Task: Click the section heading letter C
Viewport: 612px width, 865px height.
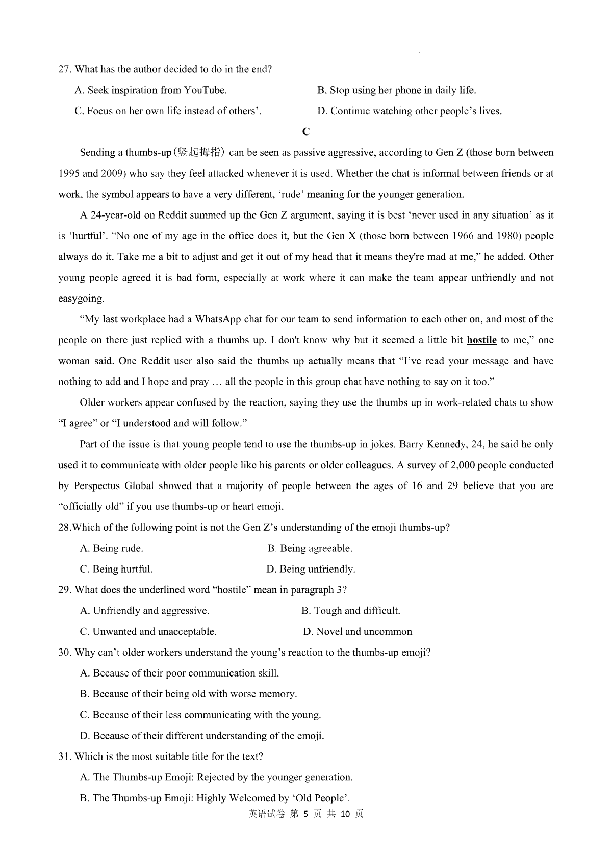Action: [306, 132]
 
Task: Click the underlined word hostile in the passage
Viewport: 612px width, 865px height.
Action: [481, 340]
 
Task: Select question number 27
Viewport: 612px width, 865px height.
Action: [65, 69]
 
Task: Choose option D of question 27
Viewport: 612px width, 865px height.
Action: [410, 111]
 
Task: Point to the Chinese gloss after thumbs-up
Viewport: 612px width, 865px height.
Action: [200, 153]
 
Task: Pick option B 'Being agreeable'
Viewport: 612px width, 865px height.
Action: [310, 549]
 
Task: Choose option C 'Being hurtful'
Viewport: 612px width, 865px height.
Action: [116, 570]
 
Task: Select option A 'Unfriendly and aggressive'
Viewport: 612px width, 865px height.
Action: [145, 611]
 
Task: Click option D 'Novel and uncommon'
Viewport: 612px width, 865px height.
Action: [358, 632]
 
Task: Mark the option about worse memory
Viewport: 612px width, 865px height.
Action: [188, 694]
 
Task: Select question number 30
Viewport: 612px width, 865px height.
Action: [65, 653]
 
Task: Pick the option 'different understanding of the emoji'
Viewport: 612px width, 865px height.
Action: [202, 736]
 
